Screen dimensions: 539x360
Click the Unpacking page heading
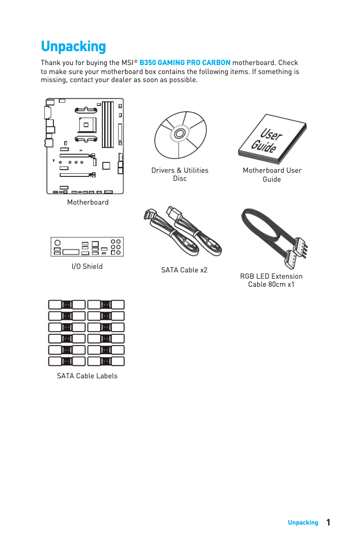pos(73,47)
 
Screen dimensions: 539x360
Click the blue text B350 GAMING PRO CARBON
pos(185,62)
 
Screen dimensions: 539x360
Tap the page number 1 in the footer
pos(329,522)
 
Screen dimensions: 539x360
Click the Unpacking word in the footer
pos(303,523)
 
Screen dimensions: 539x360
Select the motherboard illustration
pos(85,146)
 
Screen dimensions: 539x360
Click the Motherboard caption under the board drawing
pos(88,202)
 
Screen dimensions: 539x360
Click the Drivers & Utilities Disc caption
pos(180,175)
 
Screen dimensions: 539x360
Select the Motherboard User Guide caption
pos(272,175)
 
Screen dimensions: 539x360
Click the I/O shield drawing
pos(87,247)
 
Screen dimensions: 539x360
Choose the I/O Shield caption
pos(87,267)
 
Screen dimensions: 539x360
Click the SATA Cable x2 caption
pos(184,270)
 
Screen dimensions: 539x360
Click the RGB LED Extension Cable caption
pos(271,280)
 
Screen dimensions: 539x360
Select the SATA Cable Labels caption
pos(87,376)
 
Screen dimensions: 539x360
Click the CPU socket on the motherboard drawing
pos(87,123)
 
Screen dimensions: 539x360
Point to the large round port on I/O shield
pos(57,242)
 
